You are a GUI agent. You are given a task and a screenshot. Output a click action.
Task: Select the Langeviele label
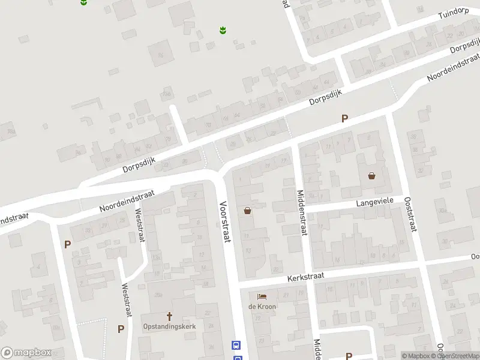click(x=374, y=203)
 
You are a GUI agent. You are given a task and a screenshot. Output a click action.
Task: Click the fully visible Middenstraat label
click(x=301, y=213)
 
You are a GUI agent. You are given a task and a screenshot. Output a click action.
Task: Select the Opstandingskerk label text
click(x=169, y=326)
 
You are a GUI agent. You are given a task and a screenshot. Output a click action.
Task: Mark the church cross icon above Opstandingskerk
click(x=169, y=316)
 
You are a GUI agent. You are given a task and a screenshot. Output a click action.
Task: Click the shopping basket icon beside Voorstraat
click(x=247, y=211)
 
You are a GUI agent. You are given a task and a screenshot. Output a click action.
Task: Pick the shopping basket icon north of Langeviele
click(x=371, y=176)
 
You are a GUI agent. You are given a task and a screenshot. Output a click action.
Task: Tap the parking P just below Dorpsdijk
click(x=344, y=119)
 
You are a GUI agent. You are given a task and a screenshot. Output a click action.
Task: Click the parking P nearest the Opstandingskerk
click(x=121, y=329)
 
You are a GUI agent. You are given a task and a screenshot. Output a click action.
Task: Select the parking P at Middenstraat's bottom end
click(x=349, y=340)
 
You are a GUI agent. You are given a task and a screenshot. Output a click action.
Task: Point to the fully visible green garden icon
click(x=223, y=29)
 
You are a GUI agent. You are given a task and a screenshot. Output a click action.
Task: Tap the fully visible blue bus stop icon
click(x=236, y=345)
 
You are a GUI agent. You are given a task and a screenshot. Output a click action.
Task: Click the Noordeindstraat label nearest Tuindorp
click(x=453, y=69)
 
